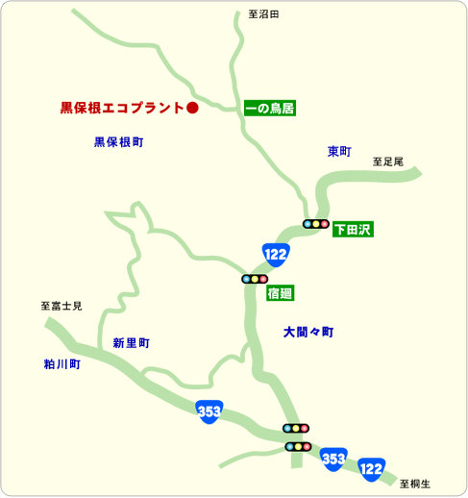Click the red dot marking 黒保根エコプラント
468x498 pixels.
pos(191,108)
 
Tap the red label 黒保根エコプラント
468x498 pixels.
pos(121,108)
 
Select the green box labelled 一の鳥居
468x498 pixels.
pos(269,108)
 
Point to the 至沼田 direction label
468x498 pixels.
pos(263,14)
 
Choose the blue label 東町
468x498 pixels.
pos(339,152)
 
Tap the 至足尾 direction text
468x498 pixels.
pos(388,162)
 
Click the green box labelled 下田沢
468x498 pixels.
pos(352,230)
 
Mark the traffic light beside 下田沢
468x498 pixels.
pos(315,224)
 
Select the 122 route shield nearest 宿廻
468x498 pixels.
pos(276,254)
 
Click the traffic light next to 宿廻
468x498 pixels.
pos(255,279)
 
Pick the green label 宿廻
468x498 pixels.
pos(280,293)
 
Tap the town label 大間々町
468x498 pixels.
pos(308,332)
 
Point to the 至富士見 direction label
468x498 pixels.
pos(62,306)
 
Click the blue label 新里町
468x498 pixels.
pos(131,343)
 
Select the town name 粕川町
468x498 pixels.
pos(62,365)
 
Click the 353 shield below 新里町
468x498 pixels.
pos(209,411)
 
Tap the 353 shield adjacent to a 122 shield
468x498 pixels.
pos(333,458)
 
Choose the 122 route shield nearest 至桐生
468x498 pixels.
pos(371,468)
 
